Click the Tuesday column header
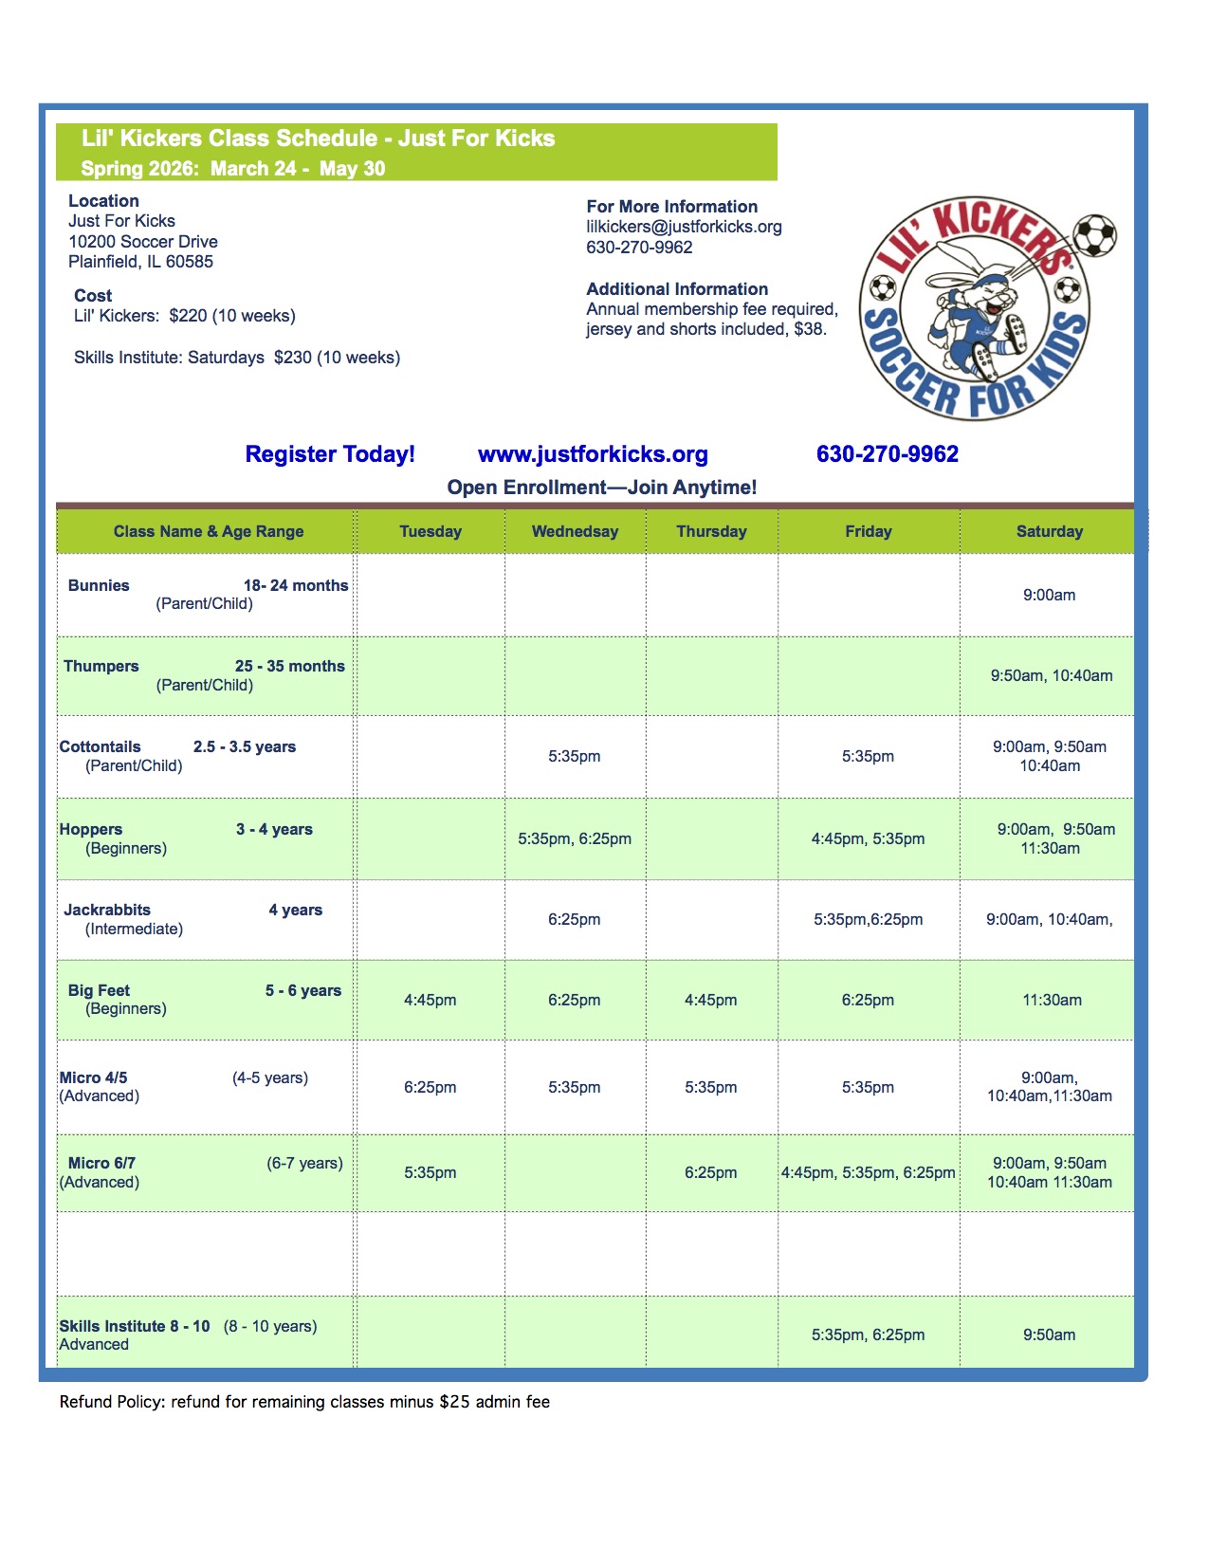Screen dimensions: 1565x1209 tap(430, 531)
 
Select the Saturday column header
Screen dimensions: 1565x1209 tap(1049, 531)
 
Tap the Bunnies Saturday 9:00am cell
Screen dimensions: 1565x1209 tap(1049, 596)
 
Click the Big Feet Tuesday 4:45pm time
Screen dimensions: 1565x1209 tap(430, 1000)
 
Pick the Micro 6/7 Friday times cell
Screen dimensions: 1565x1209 tap(868, 1172)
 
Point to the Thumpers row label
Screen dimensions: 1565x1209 tap(101, 666)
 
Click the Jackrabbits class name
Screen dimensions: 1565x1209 tap(107, 910)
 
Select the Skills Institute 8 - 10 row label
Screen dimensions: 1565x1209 tap(135, 1326)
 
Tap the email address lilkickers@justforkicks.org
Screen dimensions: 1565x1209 tap(684, 227)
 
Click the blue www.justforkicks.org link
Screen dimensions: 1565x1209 tap(593, 454)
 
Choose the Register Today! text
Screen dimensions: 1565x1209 tap(330, 454)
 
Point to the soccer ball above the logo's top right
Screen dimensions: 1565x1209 tap(1095, 234)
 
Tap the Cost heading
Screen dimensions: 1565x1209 tap(93, 296)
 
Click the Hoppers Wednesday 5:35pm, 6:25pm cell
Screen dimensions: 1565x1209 tap(575, 838)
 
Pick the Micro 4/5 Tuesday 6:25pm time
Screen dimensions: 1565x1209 tap(430, 1087)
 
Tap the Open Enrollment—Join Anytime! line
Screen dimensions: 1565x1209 tap(602, 488)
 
